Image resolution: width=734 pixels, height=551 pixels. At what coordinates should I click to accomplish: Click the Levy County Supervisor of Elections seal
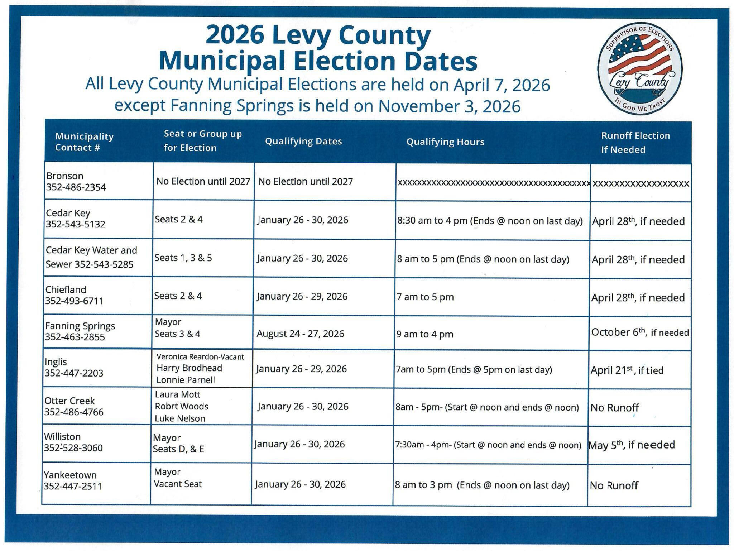point(640,68)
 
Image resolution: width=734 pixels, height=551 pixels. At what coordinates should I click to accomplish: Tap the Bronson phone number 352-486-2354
point(76,187)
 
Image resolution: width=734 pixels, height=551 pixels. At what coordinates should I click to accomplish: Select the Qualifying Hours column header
point(445,142)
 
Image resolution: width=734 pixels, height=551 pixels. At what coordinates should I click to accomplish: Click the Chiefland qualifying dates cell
point(302,297)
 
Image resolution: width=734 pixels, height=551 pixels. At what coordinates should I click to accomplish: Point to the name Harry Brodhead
point(189,368)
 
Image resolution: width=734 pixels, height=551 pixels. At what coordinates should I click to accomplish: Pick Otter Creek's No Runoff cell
point(614,408)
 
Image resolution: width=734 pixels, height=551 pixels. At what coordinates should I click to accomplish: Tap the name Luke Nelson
point(180,418)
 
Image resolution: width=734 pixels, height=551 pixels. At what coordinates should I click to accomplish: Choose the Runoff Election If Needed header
point(635,143)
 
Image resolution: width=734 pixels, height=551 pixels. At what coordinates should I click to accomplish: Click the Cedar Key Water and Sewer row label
point(91,257)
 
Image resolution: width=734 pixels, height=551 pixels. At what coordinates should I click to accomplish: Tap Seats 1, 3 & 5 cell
point(183,258)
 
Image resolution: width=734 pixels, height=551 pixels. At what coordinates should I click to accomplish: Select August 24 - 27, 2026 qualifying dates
point(300,334)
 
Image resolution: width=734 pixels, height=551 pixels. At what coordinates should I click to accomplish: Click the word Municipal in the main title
point(222,61)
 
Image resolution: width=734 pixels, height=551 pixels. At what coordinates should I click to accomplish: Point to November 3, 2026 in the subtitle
point(449,106)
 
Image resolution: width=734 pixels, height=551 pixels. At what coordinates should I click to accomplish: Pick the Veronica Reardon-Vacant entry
point(200,357)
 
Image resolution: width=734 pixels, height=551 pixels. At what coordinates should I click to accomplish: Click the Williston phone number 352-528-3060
point(73,448)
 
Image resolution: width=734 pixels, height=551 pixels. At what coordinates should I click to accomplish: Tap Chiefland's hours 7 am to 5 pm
point(425,297)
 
